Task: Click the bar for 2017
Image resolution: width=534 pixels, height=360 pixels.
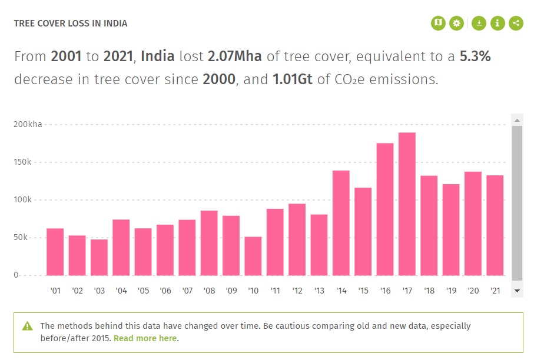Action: (407, 204)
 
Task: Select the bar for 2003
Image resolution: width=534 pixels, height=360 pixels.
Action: (99, 257)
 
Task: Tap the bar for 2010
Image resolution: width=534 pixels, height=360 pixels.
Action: (253, 256)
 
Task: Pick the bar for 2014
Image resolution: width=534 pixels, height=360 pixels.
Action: (341, 223)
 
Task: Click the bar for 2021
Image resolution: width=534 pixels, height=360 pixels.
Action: (495, 225)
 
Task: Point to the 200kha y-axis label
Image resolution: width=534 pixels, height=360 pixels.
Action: (27, 125)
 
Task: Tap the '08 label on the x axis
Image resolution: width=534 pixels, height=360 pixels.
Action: (209, 291)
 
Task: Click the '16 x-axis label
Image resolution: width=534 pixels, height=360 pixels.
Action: (385, 291)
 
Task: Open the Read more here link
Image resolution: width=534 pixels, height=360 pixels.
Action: (145, 338)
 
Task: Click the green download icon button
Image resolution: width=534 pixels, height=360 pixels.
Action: (479, 24)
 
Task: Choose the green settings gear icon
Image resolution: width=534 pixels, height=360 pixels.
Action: (456, 24)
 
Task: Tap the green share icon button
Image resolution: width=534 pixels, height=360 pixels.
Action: (516, 24)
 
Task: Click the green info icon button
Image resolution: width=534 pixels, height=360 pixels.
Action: (498, 24)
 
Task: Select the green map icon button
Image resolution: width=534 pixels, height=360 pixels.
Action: (438, 24)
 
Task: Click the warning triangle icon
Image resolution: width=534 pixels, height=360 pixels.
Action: (28, 326)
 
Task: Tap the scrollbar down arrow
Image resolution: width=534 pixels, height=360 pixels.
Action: (517, 291)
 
